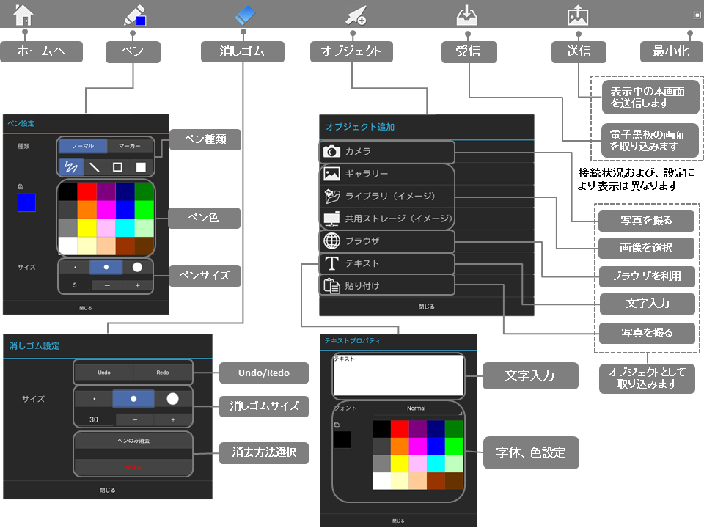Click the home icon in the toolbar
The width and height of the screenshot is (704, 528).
click(23, 14)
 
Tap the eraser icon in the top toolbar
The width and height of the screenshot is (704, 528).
click(245, 14)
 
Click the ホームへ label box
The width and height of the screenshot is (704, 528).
click(41, 51)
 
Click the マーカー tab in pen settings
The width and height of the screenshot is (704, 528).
click(130, 146)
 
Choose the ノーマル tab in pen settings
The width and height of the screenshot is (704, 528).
click(82, 146)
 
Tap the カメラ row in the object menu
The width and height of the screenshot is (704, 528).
click(387, 152)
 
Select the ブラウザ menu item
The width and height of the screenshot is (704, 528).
click(387, 241)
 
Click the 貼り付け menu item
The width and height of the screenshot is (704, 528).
click(387, 285)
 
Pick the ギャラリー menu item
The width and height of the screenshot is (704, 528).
click(387, 174)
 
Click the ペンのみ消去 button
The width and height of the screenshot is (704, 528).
click(133, 441)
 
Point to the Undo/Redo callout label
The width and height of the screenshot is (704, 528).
click(264, 373)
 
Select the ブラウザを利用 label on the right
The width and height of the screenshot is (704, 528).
click(646, 276)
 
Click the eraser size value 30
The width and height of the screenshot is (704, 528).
click(94, 419)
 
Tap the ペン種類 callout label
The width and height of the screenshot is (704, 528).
click(205, 140)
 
